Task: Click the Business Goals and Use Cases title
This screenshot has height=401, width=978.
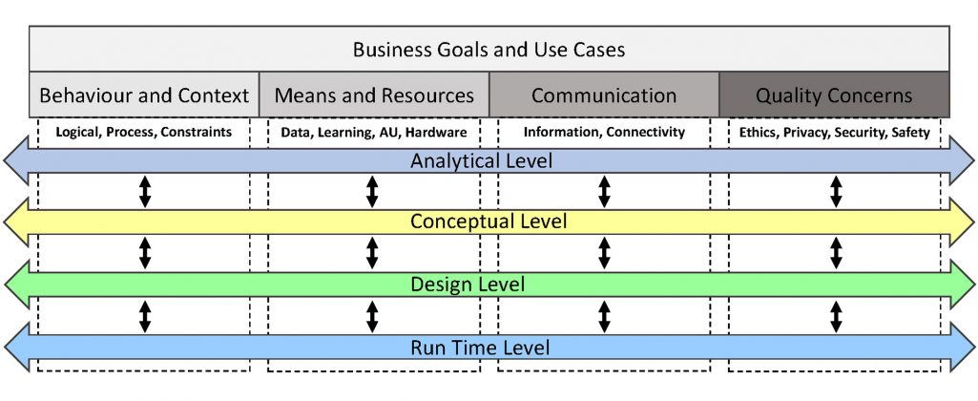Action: coord(489,50)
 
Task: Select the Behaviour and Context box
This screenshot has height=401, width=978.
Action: coord(144,95)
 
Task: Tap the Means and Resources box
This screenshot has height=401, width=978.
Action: coord(374,95)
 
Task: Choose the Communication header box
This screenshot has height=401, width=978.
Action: coord(604,95)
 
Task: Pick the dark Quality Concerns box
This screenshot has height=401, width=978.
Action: coord(835,95)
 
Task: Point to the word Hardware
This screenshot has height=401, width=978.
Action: coord(441,133)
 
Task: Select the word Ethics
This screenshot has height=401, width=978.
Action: coord(754,133)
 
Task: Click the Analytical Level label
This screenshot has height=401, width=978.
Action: coord(482,160)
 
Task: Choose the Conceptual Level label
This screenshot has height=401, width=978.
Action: coord(489,222)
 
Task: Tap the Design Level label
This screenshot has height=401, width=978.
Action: coord(468,285)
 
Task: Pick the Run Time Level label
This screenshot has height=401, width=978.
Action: coord(480,347)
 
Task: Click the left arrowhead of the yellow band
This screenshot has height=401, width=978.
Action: coord(17,222)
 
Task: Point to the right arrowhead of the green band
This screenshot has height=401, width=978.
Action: coord(961,285)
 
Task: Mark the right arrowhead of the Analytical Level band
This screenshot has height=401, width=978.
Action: coord(961,160)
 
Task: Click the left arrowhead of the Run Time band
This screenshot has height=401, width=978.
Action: coord(17,347)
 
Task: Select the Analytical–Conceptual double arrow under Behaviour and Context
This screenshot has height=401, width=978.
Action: coord(145,191)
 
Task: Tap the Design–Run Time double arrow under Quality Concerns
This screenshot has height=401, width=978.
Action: coord(836,316)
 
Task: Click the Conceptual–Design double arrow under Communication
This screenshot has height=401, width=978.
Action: coord(604,253)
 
